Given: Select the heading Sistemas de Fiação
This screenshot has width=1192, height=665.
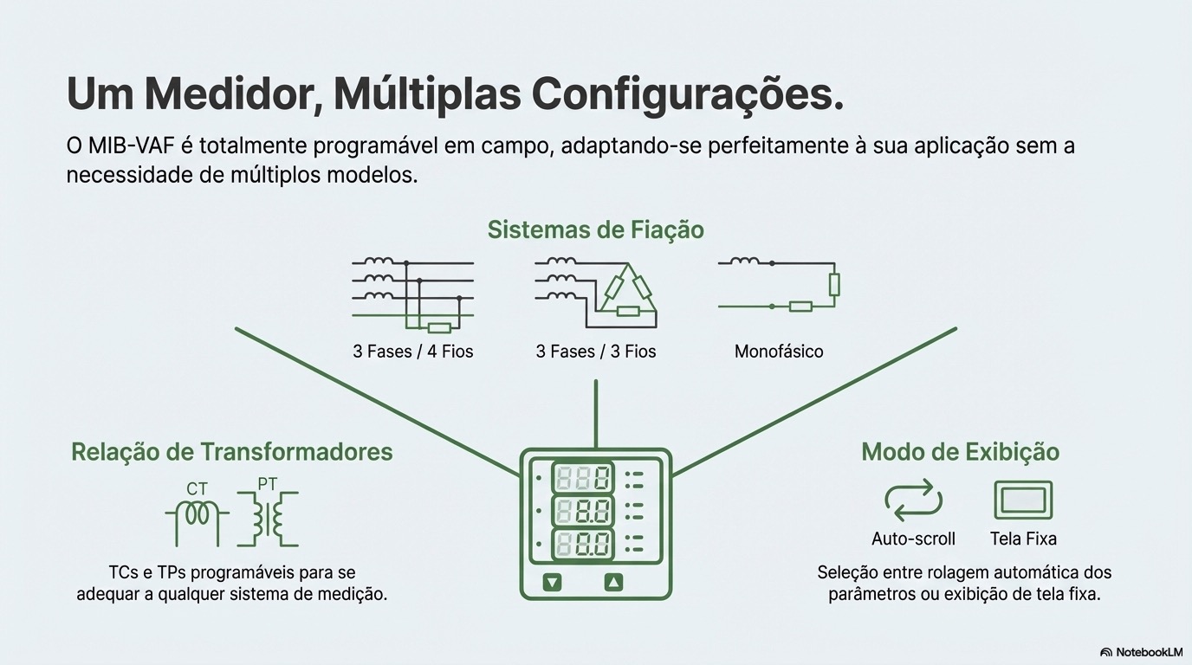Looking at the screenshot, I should tap(595, 229).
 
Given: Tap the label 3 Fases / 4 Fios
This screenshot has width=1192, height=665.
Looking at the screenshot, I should tap(413, 352).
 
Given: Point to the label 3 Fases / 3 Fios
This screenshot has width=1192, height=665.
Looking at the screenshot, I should tap(596, 352).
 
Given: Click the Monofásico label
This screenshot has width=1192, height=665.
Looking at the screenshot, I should tap(779, 352).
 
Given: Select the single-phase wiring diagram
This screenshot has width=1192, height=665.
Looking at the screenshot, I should tap(779, 284).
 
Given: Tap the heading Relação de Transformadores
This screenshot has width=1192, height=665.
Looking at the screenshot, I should tap(231, 452).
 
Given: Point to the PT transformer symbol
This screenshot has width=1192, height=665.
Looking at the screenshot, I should tap(268, 517).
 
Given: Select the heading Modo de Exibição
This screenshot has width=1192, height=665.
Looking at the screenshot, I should tap(960, 452).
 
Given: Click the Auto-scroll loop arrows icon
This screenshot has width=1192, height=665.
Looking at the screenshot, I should tap(913, 500).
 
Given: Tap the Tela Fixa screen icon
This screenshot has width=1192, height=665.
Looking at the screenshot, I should tap(1023, 500).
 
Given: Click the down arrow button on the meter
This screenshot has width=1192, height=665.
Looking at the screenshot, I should tap(553, 583).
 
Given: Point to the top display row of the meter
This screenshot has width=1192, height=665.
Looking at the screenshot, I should tap(583, 477).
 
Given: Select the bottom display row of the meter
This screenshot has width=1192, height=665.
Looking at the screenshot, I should tap(583, 546).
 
